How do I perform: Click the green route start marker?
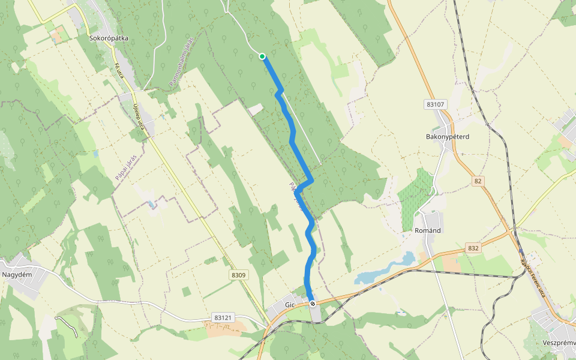(x=262, y=56)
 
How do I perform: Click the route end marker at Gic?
(x=313, y=304)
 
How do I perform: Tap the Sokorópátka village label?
(x=109, y=38)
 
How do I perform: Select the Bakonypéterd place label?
(x=447, y=136)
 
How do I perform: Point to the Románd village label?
(x=428, y=230)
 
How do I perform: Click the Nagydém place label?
(x=17, y=274)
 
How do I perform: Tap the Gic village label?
(x=290, y=305)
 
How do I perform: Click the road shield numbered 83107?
(x=436, y=104)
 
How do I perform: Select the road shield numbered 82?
(x=478, y=181)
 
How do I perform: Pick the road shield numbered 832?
(x=473, y=248)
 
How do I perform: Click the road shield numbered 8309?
(x=238, y=275)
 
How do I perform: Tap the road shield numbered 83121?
(x=222, y=317)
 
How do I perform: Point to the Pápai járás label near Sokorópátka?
(x=127, y=167)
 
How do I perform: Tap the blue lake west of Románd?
(x=385, y=269)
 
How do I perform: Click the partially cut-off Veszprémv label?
(x=559, y=343)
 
